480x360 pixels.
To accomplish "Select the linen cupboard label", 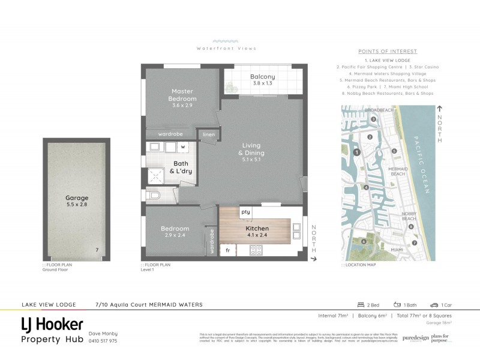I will [209, 134].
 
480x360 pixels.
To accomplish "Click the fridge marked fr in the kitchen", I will [228, 248].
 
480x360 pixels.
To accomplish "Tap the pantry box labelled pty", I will [245, 212].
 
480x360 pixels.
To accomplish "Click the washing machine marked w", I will [182, 146].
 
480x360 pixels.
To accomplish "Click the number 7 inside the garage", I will [97, 250].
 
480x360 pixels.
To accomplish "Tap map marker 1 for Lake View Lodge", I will [357, 152].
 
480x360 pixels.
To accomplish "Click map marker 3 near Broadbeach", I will [373, 119].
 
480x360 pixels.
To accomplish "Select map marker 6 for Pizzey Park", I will [364, 242].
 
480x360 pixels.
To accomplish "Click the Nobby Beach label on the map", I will [407, 216].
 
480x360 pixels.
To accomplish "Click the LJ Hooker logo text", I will [52, 325].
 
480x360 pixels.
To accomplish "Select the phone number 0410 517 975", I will [103, 341].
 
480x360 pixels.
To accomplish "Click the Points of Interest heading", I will [387, 52].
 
